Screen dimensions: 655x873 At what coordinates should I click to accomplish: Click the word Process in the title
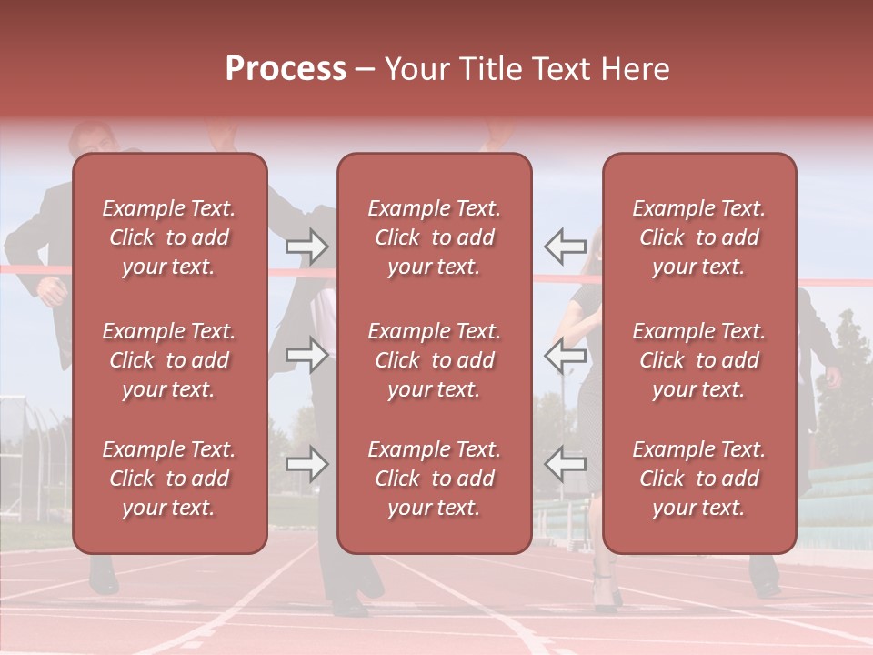(286, 69)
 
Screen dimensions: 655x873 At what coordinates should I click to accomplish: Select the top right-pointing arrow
(306, 245)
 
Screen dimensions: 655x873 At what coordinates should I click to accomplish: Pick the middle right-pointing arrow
(306, 355)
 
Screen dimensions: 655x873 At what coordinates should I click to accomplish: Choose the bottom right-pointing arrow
(306, 464)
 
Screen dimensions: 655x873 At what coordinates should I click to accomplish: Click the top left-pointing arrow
(565, 245)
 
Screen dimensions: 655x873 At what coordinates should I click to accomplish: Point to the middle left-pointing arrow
(565, 355)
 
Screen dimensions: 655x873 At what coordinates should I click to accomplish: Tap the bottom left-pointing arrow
(565, 464)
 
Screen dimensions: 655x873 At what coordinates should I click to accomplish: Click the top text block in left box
(169, 237)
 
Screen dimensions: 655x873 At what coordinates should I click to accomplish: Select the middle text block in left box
(169, 360)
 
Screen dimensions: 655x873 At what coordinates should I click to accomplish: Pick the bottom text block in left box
(169, 479)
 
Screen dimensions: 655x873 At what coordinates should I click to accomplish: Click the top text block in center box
(434, 237)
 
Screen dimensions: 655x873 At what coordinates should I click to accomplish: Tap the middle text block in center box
(434, 360)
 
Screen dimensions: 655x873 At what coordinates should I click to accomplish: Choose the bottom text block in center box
(434, 479)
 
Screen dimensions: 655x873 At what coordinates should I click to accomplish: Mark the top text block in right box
(698, 237)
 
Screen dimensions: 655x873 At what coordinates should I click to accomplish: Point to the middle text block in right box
(698, 360)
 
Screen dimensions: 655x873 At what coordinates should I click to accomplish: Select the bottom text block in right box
(698, 479)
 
